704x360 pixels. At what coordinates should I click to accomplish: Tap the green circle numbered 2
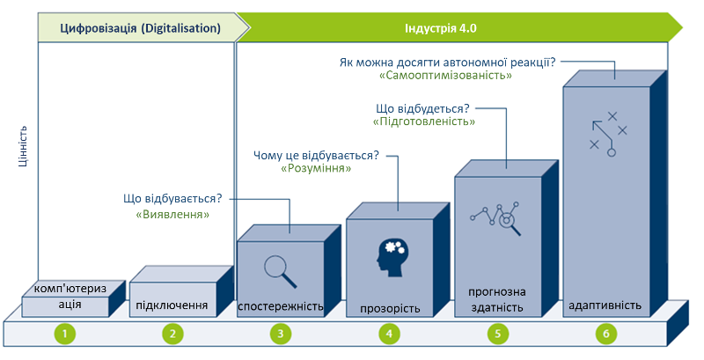click(172, 334)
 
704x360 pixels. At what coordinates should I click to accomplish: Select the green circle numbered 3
click(281, 334)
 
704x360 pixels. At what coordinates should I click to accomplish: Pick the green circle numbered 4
click(389, 334)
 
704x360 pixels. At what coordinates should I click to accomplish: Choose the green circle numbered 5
click(497, 334)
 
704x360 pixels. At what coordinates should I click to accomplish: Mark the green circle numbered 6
click(605, 334)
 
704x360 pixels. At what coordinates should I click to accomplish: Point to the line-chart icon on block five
click(497, 219)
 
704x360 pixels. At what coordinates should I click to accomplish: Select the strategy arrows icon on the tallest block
click(607, 132)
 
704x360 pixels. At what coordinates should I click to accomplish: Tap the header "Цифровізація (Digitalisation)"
click(140, 28)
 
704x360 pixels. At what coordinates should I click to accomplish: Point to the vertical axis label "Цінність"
click(25, 145)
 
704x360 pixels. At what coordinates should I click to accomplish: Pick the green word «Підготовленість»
click(423, 122)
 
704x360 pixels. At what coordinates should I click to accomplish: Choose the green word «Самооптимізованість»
click(446, 77)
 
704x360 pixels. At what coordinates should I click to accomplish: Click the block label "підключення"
click(172, 306)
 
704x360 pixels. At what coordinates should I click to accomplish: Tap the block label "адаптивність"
click(605, 305)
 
